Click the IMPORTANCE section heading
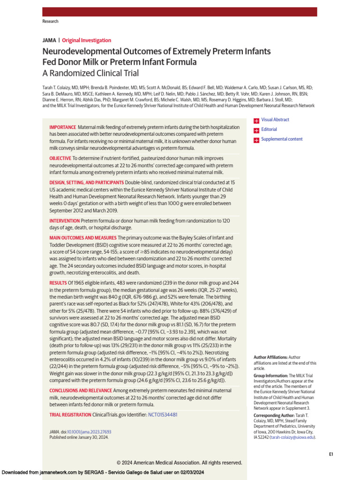[x=63, y=127]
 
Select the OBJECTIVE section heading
[x=60, y=158]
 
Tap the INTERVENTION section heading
[x=65, y=220]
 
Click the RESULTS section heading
[x=58, y=283]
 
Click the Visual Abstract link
[x=275, y=120]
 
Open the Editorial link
[x=269, y=129]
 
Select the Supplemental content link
[x=282, y=139]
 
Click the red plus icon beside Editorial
[x=256, y=130]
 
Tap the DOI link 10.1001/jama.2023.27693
[x=89, y=432]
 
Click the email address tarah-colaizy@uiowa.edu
[x=292, y=437]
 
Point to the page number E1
[x=331, y=454]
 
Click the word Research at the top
[x=51, y=22]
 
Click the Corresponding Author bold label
[x=273, y=416]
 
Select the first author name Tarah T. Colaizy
[x=59, y=87]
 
